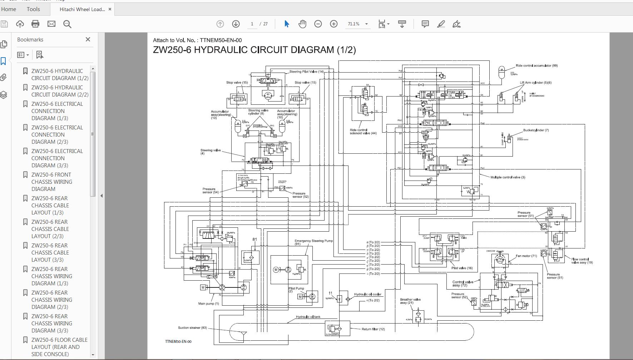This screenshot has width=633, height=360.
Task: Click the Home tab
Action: click(x=9, y=9)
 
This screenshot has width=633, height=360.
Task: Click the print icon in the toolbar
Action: click(x=35, y=24)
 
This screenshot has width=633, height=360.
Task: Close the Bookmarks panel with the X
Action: click(x=88, y=39)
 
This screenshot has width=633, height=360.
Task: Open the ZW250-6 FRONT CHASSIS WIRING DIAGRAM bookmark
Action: click(x=52, y=182)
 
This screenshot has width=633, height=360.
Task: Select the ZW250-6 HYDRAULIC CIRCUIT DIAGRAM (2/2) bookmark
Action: click(x=57, y=91)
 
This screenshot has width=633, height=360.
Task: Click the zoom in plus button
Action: click(x=333, y=24)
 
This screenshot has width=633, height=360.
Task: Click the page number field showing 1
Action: click(x=252, y=24)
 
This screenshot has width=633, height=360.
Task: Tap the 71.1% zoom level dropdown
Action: click(x=357, y=24)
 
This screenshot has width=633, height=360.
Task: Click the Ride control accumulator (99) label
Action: click(x=536, y=65)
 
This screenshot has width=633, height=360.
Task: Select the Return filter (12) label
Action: click(x=373, y=329)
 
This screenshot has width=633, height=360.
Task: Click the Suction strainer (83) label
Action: click(x=192, y=327)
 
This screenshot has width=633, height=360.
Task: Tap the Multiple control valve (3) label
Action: click(x=508, y=177)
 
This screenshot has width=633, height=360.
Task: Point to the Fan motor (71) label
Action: click(x=526, y=256)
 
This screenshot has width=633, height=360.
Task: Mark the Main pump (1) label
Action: click(x=208, y=304)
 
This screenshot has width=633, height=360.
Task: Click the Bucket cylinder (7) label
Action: click(x=536, y=130)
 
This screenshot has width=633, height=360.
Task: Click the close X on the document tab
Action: click(x=110, y=9)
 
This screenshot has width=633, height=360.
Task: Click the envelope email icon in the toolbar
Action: click(x=51, y=24)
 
